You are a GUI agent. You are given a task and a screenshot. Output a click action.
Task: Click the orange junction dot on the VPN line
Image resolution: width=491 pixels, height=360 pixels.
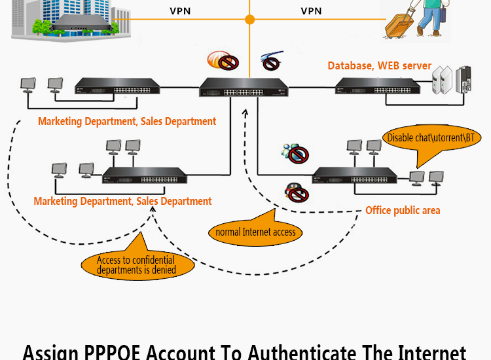pyautogui.click(x=249, y=20)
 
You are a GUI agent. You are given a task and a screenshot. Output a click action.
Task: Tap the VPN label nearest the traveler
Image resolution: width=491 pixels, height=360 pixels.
pyautogui.click(x=311, y=11)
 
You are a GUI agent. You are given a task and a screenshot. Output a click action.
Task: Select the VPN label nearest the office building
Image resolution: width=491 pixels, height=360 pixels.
pyautogui.click(x=180, y=11)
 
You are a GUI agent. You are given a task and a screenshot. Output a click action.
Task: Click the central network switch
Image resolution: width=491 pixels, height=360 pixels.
pyautogui.click(x=244, y=87)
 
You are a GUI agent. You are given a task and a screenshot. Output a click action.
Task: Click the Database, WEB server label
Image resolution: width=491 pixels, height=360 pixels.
pyautogui.click(x=380, y=65)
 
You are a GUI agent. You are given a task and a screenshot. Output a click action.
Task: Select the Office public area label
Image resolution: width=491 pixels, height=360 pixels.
pyautogui.click(x=403, y=210)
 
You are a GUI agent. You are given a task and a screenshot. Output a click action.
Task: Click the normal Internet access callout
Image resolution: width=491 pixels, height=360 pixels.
pyautogui.click(x=255, y=231)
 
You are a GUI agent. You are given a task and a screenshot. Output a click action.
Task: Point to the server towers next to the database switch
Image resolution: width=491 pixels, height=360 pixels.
pyautogui.click(x=454, y=79)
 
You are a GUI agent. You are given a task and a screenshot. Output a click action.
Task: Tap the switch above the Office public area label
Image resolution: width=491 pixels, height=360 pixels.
pyautogui.click(x=355, y=175)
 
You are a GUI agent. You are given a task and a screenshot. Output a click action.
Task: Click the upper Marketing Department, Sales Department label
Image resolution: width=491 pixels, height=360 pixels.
pyautogui.click(x=127, y=121)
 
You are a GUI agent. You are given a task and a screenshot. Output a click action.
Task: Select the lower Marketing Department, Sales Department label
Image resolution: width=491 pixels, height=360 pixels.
pyautogui.click(x=122, y=202)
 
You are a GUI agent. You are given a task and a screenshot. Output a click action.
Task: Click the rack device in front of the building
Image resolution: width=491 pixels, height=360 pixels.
pyautogui.click(x=80, y=24)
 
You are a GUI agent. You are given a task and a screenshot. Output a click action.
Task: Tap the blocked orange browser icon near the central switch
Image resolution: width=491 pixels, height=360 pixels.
pyautogui.click(x=221, y=61)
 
